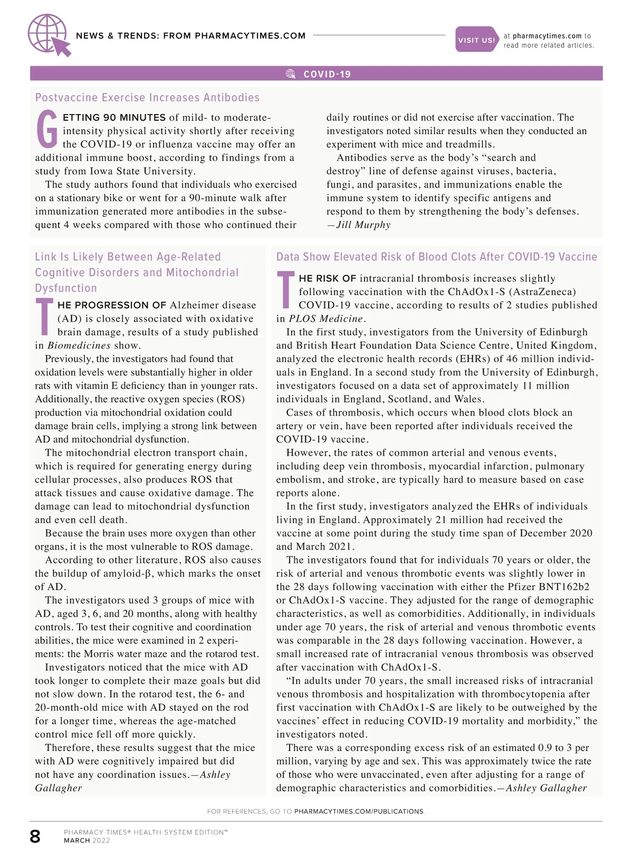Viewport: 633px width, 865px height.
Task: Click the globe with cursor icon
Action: pos(49,35)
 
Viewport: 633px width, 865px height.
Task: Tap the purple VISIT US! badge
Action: pos(476,40)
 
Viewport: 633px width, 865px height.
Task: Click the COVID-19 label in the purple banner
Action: pos(327,74)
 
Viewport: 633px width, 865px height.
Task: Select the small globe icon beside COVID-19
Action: pos(291,74)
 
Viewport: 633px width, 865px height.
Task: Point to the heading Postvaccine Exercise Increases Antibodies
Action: pos(147,98)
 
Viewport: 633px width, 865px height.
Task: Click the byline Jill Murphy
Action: pos(363,225)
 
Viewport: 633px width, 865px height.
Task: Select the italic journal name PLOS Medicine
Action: pos(326,319)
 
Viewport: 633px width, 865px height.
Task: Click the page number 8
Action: pos(35,836)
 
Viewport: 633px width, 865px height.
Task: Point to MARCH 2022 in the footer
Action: pos(87,841)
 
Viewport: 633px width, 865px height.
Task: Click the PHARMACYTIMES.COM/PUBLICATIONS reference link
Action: pos(359,811)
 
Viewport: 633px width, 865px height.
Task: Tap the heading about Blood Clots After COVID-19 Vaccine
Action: pos(437,257)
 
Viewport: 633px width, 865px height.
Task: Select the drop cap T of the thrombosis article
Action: pos(285,290)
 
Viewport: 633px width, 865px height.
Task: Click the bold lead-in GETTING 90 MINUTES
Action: pos(114,118)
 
